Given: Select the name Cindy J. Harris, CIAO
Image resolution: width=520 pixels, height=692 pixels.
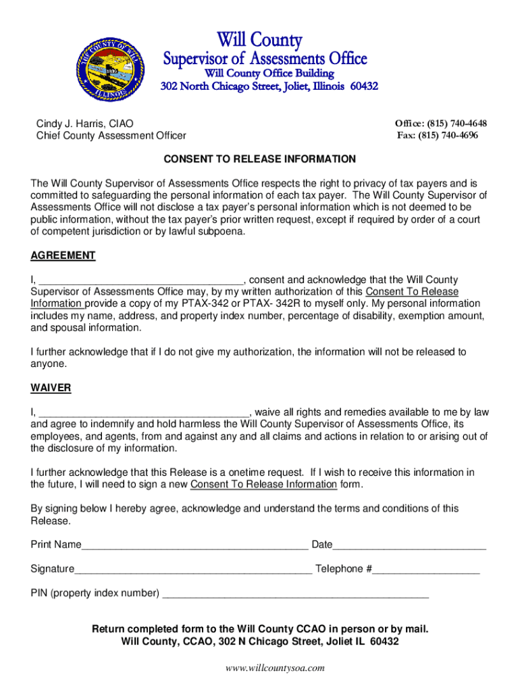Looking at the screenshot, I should (x=84, y=124).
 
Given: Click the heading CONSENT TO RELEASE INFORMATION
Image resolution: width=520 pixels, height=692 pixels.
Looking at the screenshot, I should (x=260, y=159).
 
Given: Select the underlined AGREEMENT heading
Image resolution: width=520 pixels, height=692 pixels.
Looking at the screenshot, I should (x=63, y=256).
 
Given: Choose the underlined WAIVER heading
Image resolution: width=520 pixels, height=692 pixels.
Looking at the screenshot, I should (x=51, y=389).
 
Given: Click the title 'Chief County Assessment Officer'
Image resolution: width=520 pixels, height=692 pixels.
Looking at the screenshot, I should (x=111, y=136).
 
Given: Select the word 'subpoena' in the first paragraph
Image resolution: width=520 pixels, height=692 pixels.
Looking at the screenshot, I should (x=224, y=232).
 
